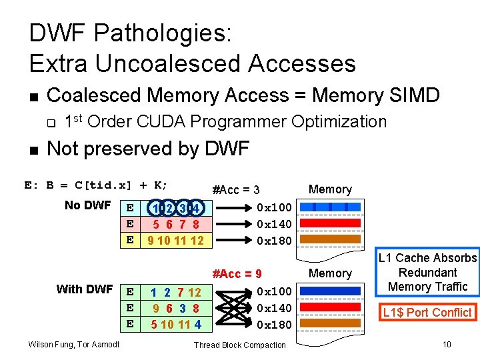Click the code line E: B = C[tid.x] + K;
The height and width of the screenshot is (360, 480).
[x=96, y=185]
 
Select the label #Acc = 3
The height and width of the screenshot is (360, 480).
[x=235, y=190]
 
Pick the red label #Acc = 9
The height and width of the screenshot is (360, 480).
[x=236, y=273]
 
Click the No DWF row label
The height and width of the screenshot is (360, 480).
[x=87, y=205]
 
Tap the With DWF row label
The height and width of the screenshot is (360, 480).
[x=85, y=289]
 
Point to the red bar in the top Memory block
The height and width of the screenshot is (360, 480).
[x=330, y=223]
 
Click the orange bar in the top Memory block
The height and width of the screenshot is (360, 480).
[x=330, y=239]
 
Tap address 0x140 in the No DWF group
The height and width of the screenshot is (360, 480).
[x=275, y=223]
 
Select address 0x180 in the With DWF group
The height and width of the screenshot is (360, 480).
[x=275, y=325]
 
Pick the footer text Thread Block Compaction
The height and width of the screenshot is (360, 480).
[x=239, y=345]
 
